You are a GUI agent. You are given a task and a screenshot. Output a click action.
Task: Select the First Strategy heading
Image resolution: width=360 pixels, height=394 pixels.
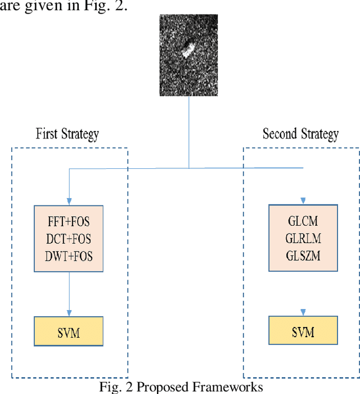tap(67, 134)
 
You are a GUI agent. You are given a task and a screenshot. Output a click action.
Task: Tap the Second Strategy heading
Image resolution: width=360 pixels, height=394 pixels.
tap(300, 134)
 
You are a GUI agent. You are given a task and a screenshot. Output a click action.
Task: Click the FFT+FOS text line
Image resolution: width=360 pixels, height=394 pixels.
tap(69, 222)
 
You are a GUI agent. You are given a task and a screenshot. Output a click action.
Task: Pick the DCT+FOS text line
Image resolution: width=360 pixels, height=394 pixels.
tap(69, 239)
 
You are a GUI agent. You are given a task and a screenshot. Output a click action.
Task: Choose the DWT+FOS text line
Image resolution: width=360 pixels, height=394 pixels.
tap(69, 257)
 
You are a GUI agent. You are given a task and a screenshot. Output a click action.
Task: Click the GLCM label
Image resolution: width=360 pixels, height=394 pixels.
tap(303, 222)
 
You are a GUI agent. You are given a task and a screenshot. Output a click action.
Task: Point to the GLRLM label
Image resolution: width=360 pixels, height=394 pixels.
tap(303, 239)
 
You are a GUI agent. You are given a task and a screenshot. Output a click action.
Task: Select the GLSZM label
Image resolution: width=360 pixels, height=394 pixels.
tap(303, 257)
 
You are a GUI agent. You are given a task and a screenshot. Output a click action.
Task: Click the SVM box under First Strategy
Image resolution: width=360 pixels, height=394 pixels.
tap(69, 333)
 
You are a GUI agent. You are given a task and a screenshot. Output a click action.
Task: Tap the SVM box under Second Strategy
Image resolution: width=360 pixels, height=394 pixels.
tap(303, 332)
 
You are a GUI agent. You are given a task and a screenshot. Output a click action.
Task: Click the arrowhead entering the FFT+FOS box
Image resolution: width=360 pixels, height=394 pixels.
tap(69, 202)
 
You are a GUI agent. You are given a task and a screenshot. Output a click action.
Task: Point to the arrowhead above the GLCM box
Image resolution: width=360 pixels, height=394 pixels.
tap(303, 200)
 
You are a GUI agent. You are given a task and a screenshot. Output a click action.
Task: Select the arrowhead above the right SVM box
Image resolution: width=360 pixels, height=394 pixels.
tap(303, 311)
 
